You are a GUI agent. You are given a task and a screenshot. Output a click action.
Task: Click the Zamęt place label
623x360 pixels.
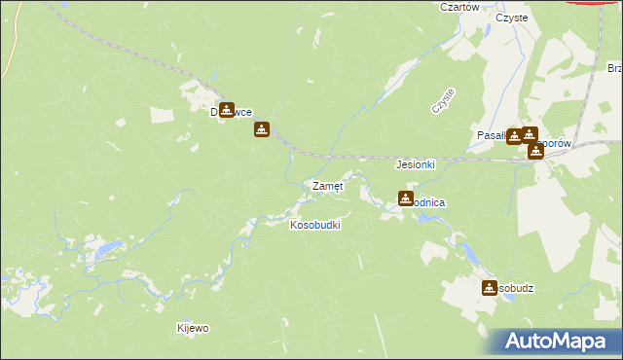[x=326, y=186]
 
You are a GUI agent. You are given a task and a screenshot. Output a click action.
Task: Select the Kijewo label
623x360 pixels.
[x=192, y=329]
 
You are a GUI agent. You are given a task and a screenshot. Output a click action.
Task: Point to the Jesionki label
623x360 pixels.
[x=415, y=165]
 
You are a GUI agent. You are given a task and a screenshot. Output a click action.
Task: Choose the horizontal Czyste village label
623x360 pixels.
[x=511, y=18]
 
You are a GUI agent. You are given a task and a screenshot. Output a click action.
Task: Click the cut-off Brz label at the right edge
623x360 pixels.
[x=614, y=69]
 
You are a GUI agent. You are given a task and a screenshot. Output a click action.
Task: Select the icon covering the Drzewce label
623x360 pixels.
[x=227, y=111]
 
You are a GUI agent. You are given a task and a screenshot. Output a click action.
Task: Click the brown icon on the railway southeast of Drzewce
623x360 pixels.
[x=262, y=129]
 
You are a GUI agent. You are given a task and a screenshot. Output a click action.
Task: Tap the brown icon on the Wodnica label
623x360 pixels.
[x=406, y=198]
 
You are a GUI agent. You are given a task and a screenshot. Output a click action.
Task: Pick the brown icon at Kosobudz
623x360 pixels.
[x=490, y=288]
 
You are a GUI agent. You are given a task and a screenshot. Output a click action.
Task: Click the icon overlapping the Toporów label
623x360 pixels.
[x=535, y=150]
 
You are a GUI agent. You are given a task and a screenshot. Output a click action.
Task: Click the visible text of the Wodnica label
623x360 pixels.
[x=431, y=201]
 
